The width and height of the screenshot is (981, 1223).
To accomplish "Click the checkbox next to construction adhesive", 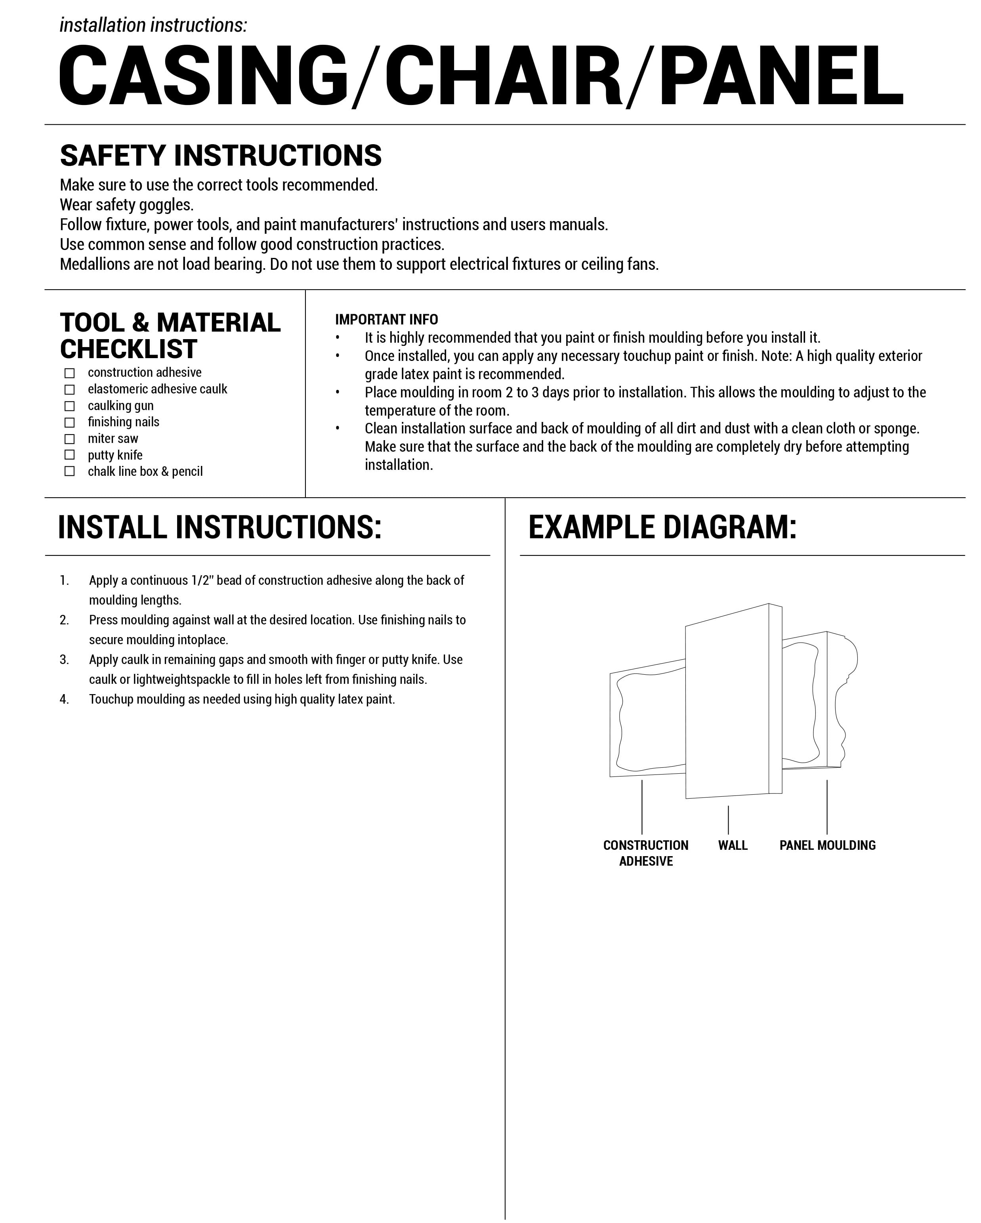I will click(69, 373).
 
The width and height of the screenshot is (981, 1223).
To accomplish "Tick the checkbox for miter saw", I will click(69, 439).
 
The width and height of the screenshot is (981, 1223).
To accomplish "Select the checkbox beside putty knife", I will click(69, 455).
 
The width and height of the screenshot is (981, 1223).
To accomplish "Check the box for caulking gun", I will click(69, 406).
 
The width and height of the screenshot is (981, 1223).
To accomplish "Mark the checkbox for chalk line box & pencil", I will click(69, 471).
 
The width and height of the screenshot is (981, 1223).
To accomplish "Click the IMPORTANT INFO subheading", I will click(386, 319).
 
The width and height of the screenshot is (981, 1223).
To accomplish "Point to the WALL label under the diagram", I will click(733, 845).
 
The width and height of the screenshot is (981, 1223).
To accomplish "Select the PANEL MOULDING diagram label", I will click(827, 845).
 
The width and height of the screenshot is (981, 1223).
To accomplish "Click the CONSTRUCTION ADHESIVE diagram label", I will click(646, 853).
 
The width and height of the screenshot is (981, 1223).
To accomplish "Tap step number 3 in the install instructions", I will click(64, 660).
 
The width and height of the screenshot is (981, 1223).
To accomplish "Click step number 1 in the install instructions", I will click(64, 580).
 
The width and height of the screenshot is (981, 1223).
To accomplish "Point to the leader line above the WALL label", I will click(728, 820).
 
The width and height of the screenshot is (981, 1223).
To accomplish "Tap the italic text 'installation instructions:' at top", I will click(153, 25).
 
